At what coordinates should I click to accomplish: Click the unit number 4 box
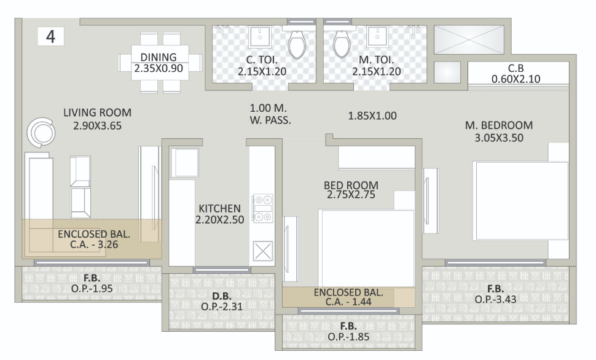coord(51,36)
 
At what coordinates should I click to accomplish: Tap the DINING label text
coord(159,57)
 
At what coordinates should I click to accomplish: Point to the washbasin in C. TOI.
coord(261,37)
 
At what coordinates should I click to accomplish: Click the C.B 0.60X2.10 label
coord(515,74)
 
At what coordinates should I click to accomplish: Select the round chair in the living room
coord(42,131)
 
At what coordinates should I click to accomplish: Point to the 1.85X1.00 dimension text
coord(373,115)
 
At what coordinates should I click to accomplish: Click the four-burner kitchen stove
coord(263,208)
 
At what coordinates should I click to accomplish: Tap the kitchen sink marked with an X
coord(263,251)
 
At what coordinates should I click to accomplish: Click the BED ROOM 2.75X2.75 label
coord(351,189)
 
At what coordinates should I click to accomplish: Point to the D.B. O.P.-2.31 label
coord(222,300)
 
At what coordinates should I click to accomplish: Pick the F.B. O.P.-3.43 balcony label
coord(496,294)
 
